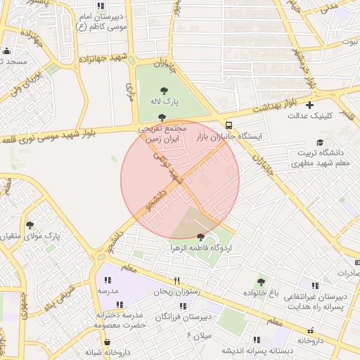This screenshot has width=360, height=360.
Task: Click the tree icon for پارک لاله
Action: pyautogui.click(x=165, y=90)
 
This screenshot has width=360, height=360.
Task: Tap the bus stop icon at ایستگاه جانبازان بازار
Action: pyautogui.click(x=229, y=124)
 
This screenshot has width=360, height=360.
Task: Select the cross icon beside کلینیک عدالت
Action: pyautogui.click(x=309, y=105)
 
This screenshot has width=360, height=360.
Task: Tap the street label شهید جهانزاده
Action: pyautogui.click(x=105, y=57)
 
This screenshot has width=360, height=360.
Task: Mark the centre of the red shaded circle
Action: pyautogui.click(x=180, y=180)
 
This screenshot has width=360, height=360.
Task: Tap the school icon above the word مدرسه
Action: pyautogui.click(x=108, y=279)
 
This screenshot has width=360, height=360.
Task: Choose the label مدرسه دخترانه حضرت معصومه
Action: pyautogui.click(x=120, y=320)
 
